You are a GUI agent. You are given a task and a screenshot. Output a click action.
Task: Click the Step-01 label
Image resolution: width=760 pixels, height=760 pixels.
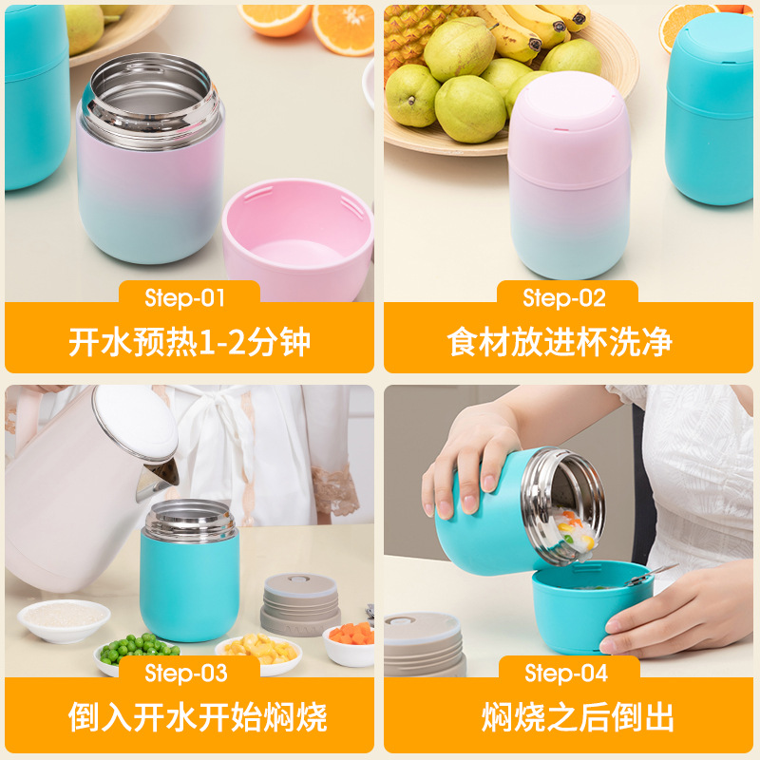185,297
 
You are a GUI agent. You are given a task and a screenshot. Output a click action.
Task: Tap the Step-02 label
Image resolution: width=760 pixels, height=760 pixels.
564,297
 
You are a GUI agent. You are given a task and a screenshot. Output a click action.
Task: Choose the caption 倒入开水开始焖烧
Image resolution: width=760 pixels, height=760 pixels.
189,717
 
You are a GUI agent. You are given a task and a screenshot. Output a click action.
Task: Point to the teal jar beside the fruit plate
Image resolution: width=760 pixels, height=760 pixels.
711,109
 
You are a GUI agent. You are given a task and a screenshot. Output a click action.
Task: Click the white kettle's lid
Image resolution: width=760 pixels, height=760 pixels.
135,423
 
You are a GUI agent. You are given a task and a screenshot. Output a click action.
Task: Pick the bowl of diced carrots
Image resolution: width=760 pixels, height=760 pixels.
349,641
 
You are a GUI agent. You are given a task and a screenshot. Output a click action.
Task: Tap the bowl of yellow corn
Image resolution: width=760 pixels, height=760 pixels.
257,651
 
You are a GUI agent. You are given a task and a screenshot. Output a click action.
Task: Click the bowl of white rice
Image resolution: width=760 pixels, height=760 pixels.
64,618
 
